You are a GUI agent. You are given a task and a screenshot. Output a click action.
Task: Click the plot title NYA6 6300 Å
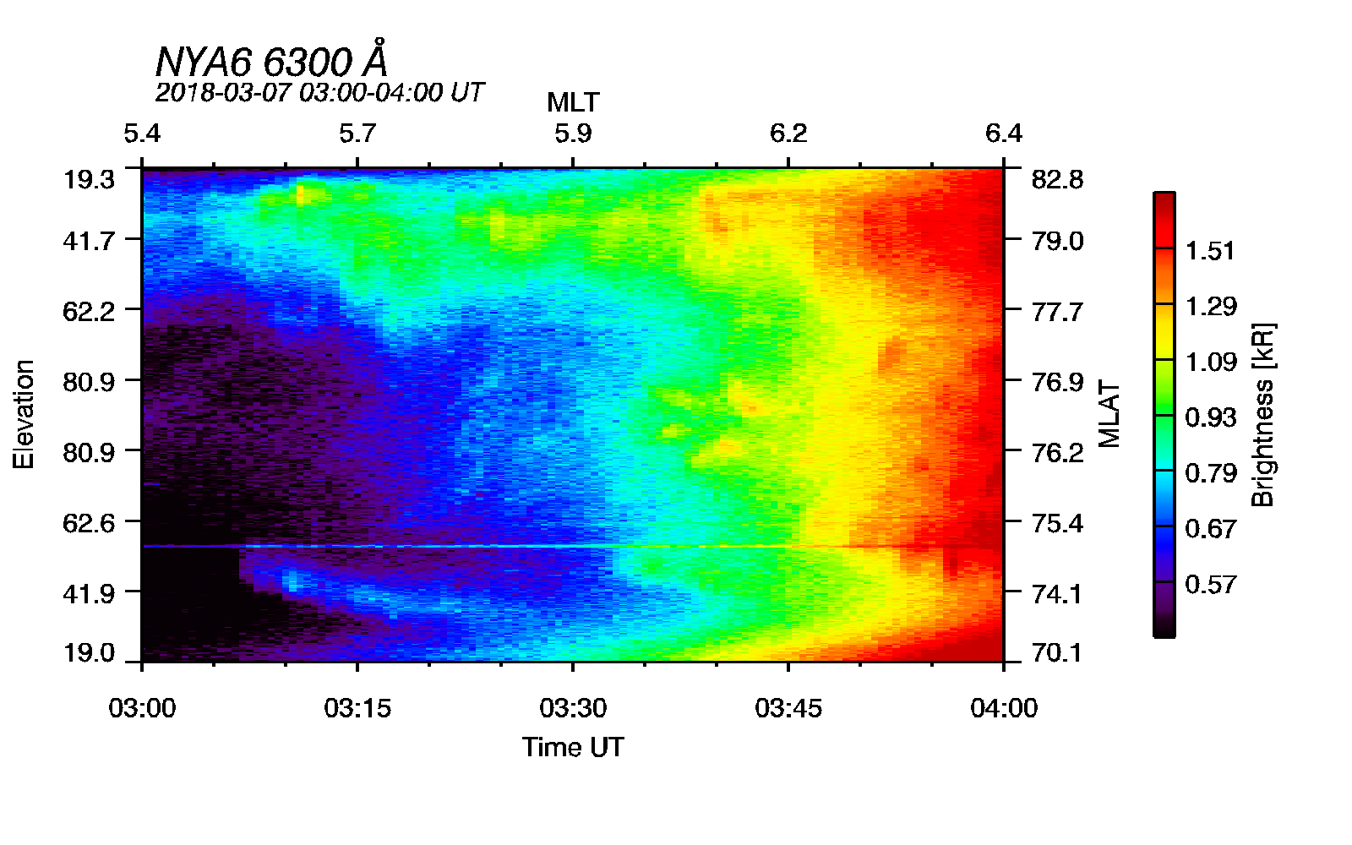click(272, 62)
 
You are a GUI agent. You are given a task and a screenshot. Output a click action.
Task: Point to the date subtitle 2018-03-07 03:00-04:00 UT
click(319, 92)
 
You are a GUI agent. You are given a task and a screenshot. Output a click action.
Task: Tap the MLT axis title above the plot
click(573, 103)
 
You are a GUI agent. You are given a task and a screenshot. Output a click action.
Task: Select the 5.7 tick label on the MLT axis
click(357, 134)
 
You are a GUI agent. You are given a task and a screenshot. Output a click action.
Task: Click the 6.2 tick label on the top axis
click(788, 134)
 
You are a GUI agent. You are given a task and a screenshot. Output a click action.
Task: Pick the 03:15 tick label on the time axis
click(357, 708)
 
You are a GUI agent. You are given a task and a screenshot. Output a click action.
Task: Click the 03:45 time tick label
click(788, 708)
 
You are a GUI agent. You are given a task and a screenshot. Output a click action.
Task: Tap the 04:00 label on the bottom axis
click(1004, 708)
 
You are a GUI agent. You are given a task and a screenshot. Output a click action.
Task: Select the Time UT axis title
click(573, 747)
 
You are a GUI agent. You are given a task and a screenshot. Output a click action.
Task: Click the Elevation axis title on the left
click(24, 414)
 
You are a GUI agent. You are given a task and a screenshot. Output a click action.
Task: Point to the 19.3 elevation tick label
click(89, 180)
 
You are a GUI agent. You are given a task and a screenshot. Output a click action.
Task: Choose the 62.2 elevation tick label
click(89, 312)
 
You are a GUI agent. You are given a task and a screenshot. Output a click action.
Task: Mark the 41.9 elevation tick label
click(89, 594)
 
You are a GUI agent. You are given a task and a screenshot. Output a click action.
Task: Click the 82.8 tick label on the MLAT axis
click(1057, 180)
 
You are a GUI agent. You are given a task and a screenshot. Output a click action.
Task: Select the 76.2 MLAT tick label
click(1057, 453)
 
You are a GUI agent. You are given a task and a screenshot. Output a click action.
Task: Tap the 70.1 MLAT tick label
click(1057, 653)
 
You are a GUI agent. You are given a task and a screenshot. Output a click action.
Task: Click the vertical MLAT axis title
click(1109, 414)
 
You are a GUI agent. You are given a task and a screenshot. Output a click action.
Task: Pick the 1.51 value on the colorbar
click(1210, 251)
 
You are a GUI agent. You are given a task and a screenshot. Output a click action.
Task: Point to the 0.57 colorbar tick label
click(1210, 585)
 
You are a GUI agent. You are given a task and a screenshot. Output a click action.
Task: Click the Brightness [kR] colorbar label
click(1262, 414)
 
